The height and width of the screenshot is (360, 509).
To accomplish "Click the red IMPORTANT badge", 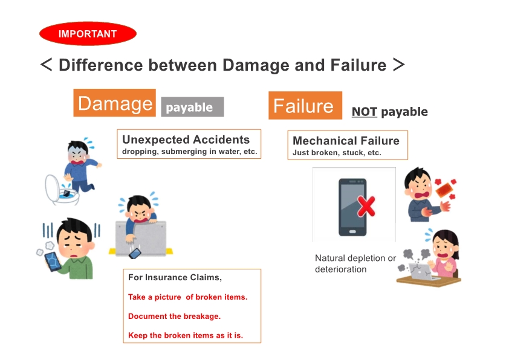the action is (88, 33).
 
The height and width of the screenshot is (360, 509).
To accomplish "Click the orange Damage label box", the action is (115, 103).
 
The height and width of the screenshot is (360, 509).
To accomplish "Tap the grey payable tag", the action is (192, 107).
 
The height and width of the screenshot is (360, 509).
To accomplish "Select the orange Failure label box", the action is (305, 106).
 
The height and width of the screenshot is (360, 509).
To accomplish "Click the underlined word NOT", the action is (365, 112).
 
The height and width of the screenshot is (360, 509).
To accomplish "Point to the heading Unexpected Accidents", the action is (186, 140).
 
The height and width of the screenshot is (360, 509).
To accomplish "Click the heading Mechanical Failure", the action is (346, 141).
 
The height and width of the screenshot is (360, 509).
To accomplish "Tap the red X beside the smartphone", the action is (366, 206).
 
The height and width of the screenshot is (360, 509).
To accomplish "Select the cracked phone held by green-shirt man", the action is (53, 261).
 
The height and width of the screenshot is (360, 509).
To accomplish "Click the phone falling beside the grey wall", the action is (135, 253).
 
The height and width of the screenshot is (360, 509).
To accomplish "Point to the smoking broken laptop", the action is (420, 271).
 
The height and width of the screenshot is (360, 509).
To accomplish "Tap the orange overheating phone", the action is (444, 190).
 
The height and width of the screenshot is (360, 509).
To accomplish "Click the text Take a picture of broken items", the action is (187, 297).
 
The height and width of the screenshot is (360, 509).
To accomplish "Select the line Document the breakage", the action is (174, 317).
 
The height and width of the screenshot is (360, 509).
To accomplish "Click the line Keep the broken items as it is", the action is (186, 335).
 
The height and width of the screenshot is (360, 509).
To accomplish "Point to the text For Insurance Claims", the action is (175, 278).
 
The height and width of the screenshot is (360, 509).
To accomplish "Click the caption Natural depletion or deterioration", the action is (355, 264).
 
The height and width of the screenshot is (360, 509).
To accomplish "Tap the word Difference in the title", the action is (100, 65).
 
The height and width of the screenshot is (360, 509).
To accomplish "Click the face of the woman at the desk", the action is (444, 247).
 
